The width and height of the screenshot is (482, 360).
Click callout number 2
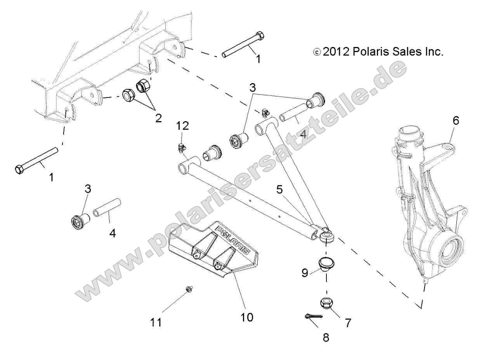coord(158,118)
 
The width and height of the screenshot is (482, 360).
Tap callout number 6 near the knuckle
coord(455,121)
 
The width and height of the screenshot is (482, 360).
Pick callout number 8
coord(326,337)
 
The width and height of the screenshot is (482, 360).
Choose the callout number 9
coord(305,273)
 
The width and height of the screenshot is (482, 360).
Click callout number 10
coord(247,317)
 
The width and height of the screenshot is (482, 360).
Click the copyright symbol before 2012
coord(317,52)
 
